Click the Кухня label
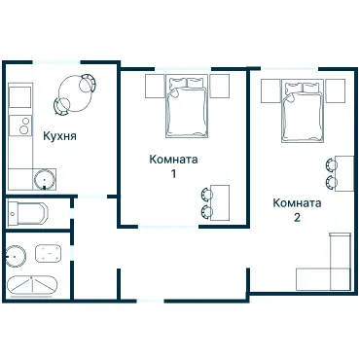(x=60, y=136)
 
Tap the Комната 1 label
(x=173, y=166)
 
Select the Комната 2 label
(x=297, y=210)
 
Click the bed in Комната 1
(x=187, y=106)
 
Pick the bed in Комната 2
(x=303, y=110)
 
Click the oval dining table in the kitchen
(x=75, y=93)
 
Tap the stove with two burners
(x=20, y=126)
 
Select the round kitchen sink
(x=45, y=179)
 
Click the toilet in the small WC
(x=28, y=214)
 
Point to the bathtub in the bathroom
(x=32, y=286)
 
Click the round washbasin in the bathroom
(x=16, y=256)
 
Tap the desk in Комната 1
(x=220, y=202)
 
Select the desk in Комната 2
(x=344, y=173)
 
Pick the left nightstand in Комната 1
(x=155, y=86)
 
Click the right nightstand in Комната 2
(x=335, y=90)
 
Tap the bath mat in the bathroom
(x=48, y=253)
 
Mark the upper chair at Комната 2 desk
(x=331, y=164)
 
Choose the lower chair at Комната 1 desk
(x=206, y=211)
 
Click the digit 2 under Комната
(x=297, y=217)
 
